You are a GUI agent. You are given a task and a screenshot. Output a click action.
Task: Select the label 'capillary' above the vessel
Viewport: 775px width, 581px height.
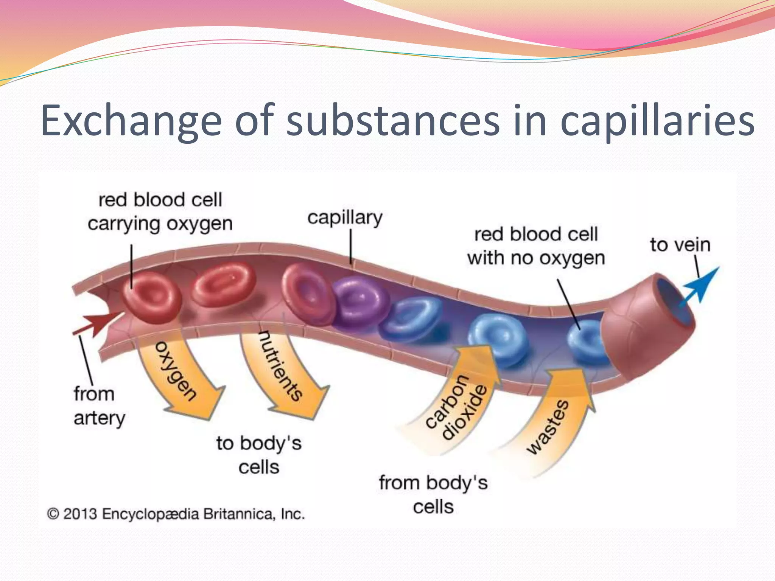click(x=345, y=218)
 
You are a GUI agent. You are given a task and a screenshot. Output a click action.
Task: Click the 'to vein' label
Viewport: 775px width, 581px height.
click(x=680, y=245)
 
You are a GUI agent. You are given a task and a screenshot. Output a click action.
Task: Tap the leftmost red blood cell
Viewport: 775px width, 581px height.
click(x=151, y=297)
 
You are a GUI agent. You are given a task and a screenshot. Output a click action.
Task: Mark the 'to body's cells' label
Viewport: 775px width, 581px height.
click(x=259, y=455)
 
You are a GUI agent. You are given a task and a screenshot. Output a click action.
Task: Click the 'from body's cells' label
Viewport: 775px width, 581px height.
click(x=433, y=495)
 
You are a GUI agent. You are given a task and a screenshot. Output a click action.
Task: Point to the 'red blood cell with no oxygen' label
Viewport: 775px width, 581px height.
click(x=535, y=246)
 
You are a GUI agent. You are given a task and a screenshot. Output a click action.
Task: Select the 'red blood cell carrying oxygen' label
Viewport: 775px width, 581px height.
click(x=160, y=212)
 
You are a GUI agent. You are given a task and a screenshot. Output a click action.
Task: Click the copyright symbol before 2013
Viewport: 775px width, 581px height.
click(x=53, y=514)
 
